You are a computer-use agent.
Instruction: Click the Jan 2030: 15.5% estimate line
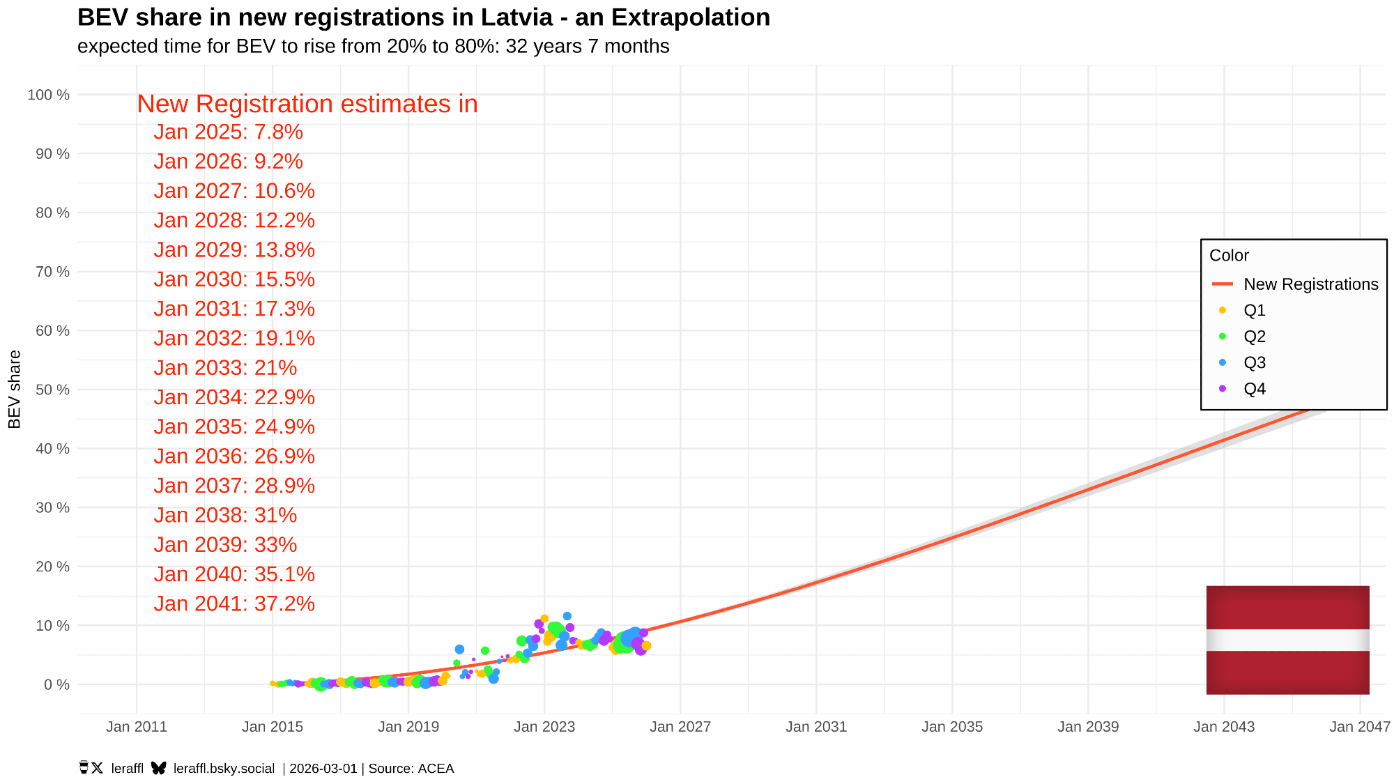(x=234, y=279)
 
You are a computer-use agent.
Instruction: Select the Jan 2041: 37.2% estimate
(x=234, y=604)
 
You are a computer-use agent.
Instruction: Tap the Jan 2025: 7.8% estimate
(x=228, y=132)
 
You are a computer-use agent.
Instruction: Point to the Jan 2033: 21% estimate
(x=225, y=368)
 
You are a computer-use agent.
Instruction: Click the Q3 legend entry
(x=1254, y=362)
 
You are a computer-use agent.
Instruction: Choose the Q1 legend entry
(x=1254, y=310)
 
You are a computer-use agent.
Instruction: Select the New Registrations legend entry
(x=1310, y=284)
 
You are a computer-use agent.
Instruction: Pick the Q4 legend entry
(x=1254, y=389)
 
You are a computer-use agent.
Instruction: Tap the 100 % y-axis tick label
(x=49, y=95)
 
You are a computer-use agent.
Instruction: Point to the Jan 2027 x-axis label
(x=680, y=727)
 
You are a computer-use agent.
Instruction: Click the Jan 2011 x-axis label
(x=137, y=727)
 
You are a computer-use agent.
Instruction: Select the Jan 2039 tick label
(x=1088, y=727)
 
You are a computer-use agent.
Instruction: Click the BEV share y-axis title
(x=15, y=390)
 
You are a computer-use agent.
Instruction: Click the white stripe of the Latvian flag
(x=1287, y=640)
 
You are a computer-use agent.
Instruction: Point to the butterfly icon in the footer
(x=159, y=768)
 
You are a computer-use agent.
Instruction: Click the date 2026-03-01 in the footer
(x=323, y=769)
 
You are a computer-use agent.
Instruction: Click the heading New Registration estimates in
(x=307, y=104)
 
